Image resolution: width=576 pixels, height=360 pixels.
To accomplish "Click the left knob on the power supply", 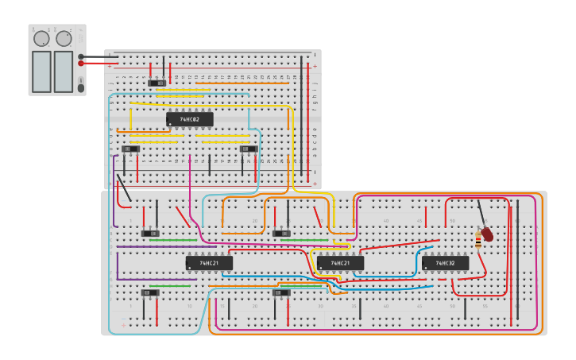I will [x=41, y=38].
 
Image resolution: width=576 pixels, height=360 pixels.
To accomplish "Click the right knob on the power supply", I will [x=64, y=38].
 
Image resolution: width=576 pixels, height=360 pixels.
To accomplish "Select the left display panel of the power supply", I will [x=41, y=72].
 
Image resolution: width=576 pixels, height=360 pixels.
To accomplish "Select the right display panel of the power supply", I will [x=64, y=72].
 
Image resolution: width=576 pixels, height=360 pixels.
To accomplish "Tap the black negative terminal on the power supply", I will [x=81, y=56].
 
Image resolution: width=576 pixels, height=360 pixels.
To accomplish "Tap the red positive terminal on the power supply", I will [x=81, y=63].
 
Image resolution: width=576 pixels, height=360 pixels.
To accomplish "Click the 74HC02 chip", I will [x=190, y=119].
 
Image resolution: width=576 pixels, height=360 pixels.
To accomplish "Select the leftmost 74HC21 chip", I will [x=209, y=262].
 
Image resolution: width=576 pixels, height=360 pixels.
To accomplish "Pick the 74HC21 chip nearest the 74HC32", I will [x=340, y=262].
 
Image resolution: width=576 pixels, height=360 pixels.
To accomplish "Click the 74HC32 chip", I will [x=445, y=262].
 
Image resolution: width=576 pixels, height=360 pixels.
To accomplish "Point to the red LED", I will [x=487, y=234].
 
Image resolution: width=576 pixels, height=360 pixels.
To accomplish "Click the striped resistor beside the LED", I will [x=478, y=238].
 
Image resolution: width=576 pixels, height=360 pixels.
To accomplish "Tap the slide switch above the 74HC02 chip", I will [x=157, y=83].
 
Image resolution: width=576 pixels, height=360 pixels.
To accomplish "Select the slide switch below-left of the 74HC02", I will [x=131, y=149].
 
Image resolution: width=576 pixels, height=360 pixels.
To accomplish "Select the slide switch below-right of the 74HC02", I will [x=249, y=149].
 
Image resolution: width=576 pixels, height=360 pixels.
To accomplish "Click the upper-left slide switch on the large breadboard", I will [x=149, y=233].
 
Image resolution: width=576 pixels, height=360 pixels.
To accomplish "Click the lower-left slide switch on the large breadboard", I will [x=149, y=292].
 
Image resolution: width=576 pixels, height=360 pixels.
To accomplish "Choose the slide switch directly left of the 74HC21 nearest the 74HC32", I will [x=281, y=233].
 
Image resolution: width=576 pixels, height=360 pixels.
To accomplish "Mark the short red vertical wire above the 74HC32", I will [x=426, y=217].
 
